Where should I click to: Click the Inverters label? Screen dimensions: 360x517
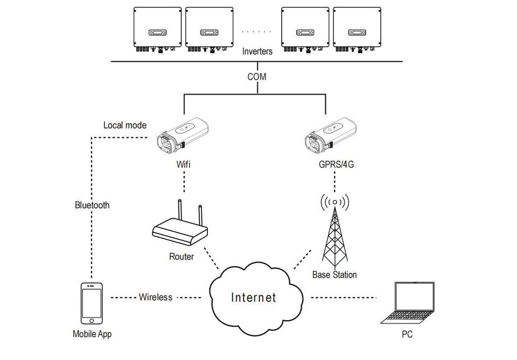(257, 52)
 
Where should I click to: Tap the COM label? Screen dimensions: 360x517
(257, 77)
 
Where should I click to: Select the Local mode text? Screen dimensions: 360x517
(124, 125)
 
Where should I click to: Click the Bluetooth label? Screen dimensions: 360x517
(92, 205)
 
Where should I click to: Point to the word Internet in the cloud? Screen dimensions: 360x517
(254, 297)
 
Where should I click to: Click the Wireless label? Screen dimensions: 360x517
(156, 297)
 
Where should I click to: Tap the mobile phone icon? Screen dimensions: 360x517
(92, 304)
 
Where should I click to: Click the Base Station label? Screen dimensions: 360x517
(334, 275)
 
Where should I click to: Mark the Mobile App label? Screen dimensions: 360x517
(92, 334)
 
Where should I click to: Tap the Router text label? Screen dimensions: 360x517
(181, 257)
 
